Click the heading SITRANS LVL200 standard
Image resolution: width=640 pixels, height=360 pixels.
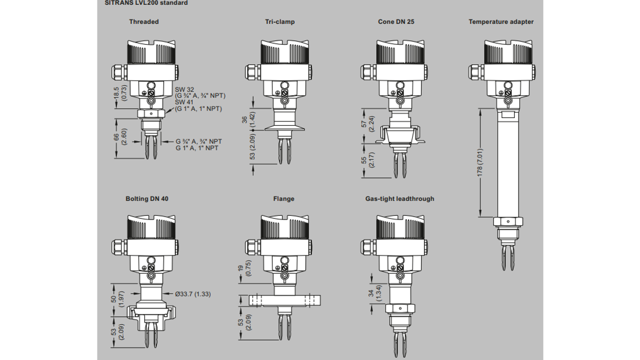(143, 3)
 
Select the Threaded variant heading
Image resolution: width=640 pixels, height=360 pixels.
(144, 22)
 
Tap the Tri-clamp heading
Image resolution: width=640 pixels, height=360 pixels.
(279, 22)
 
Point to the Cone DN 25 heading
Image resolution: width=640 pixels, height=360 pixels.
(396, 22)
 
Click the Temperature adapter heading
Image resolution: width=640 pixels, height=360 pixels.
(501, 22)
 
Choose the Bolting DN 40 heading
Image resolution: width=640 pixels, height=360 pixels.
(147, 199)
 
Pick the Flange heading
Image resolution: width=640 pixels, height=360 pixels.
(284, 199)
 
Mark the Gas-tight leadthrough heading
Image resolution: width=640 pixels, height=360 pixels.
(399, 199)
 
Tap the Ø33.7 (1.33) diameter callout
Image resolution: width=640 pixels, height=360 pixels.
(193, 294)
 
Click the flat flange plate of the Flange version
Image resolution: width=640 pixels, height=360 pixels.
(284, 301)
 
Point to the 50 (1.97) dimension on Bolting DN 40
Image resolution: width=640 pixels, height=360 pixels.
(117, 300)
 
